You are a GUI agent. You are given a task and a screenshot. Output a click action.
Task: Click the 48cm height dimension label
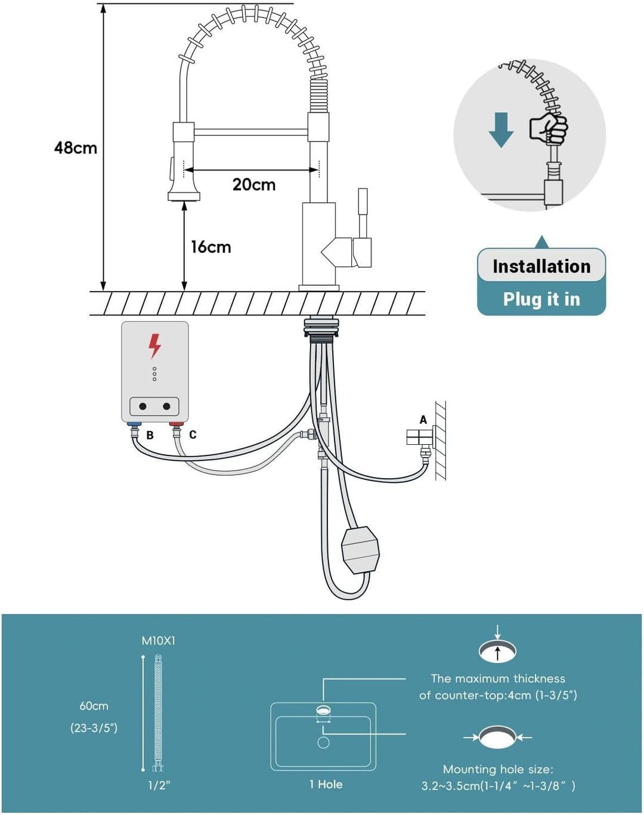tap(75, 148)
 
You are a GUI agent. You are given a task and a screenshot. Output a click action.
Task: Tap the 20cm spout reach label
tap(254, 184)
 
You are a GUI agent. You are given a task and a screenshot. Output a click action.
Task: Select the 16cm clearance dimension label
tap(210, 247)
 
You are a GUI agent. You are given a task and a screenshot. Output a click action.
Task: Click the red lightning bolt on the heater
tap(154, 346)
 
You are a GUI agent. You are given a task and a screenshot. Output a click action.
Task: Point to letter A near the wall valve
tap(423, 420)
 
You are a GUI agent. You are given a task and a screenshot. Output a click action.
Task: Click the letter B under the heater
tap(150, 435)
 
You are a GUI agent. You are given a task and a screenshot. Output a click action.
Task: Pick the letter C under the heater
tap(193, 435)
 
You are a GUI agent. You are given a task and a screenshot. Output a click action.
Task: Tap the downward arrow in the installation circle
tap(501, 130)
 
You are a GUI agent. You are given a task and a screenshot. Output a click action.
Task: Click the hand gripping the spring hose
tap(548, 128)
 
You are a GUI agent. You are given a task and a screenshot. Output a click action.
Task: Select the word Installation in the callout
tap(541, 266)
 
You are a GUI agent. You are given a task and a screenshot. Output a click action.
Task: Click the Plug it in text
tap(541, 299)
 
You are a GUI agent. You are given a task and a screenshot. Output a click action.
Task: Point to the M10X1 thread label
tap(159, 641)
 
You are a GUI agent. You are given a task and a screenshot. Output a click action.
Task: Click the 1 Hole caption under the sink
tap(326, 785)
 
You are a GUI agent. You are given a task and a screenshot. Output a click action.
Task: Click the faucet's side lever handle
tap(363, 228)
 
